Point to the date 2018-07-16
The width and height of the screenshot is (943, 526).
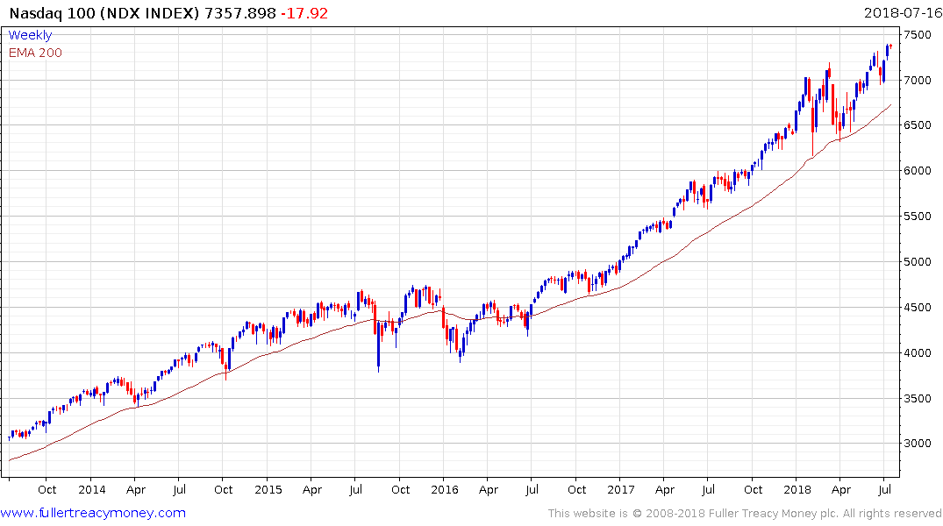(902, 14)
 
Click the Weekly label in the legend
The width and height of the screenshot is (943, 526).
(30, 35)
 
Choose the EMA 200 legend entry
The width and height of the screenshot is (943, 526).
(35, 52)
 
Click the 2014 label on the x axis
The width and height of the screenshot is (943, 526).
(91, 489)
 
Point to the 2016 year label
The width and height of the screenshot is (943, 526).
(444, 489)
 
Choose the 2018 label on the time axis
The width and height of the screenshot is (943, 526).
(797, 489)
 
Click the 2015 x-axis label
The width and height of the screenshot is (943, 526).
(268, 489)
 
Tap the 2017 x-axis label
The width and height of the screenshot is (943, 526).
(621, 489)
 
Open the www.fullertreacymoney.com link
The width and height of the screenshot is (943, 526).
(93, 513)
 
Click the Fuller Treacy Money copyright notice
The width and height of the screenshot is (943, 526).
(745, 514)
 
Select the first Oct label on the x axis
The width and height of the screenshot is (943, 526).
(47, 489)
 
